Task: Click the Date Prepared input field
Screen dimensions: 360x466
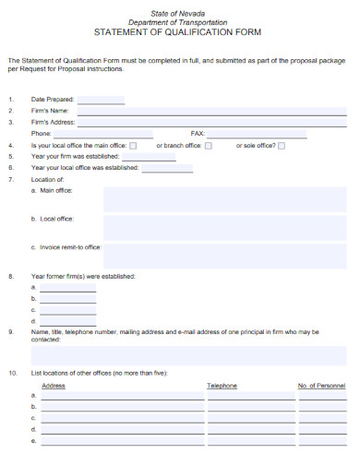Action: (x=101, y=99)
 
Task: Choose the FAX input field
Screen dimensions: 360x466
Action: (x=277, y=133)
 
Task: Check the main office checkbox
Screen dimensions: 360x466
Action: (x=133, y=146)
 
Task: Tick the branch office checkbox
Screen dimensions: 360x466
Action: (x=209, y=146)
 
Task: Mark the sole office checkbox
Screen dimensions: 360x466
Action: (x=282, y=146)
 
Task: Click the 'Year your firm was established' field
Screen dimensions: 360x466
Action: (x=142, y=157)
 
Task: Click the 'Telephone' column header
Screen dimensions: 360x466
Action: (x=222, y=385)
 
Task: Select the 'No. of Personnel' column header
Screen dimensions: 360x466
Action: (x=321, y=385)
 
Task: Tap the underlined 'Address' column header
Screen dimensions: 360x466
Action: (x=54, y=385)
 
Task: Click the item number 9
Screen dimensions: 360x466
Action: (x=11, y=331)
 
